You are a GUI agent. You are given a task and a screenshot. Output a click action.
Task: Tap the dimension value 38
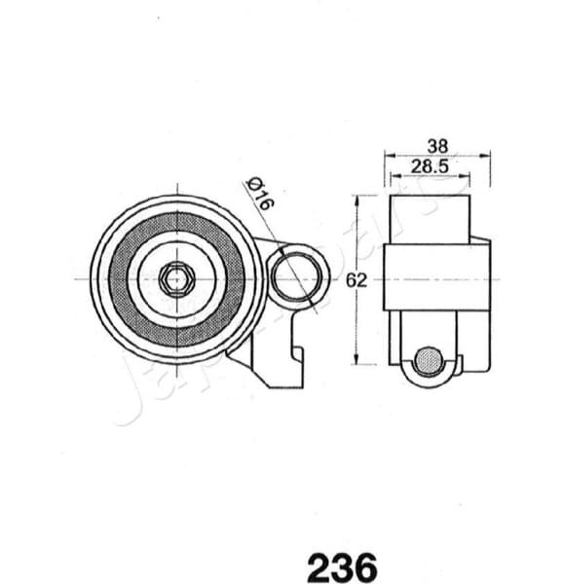click(x=437, y=145)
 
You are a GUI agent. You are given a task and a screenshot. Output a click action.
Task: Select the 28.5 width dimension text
click(x=429, y=166)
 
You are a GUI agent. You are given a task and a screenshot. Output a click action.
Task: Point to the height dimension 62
click(x=356, y=280)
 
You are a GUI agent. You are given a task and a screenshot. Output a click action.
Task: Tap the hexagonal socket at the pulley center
click(x=176, y=279)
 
